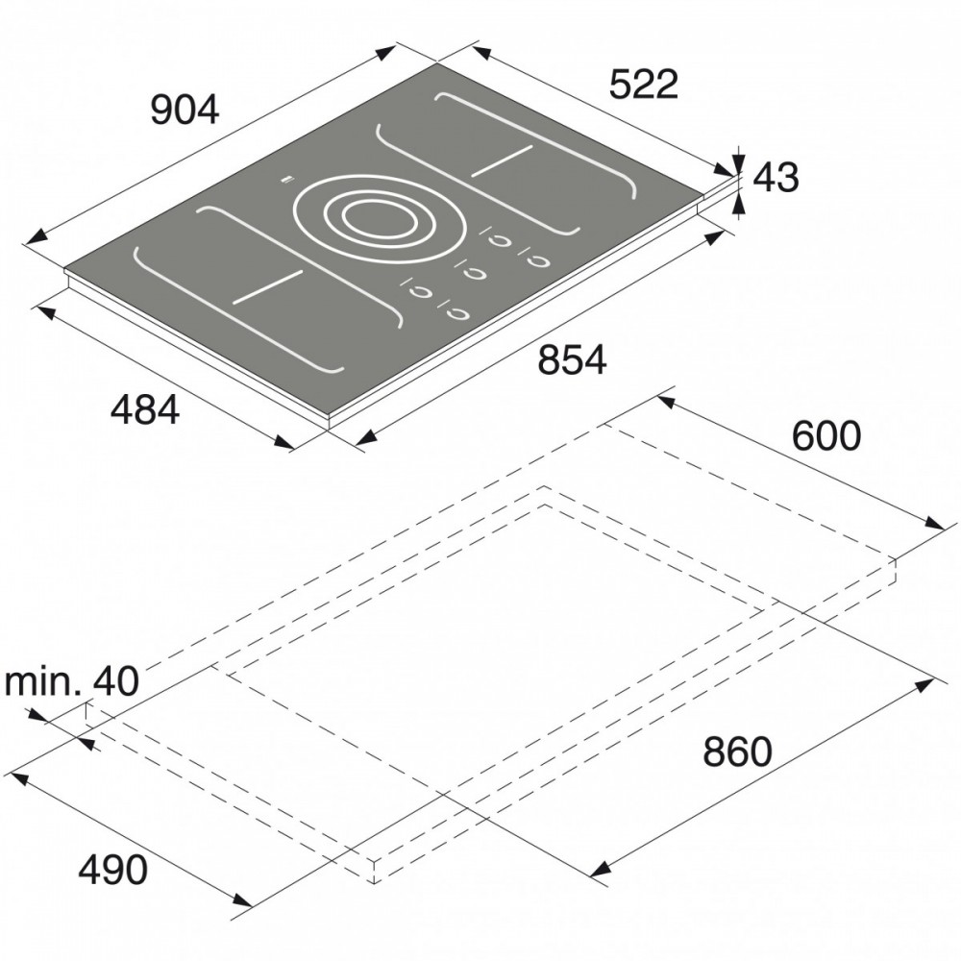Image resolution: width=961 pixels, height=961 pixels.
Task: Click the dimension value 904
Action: [x=185, y=111]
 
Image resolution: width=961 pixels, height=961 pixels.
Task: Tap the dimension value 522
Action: [x=644, y=84]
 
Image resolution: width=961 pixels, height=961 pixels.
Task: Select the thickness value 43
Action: [x=776, y=178]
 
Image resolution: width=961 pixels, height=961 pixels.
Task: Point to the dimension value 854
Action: [x=573, y=359]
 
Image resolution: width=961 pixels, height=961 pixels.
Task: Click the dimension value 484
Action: [x=145, y=409]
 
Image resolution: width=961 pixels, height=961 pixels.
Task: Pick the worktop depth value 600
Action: [x=826, y=436]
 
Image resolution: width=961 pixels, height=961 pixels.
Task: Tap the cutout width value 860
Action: [x=737, y=752]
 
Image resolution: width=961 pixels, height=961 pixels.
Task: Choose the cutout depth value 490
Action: [x=113, y=869]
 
